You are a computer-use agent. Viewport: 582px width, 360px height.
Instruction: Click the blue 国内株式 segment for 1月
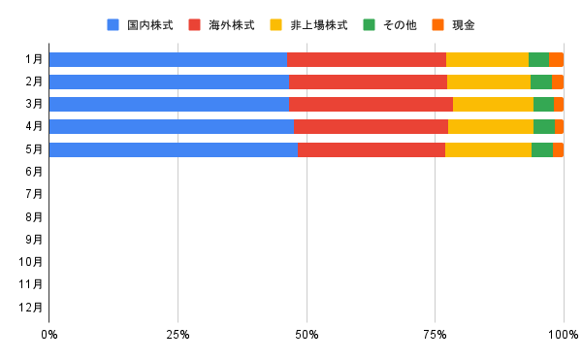[x=168, y=60]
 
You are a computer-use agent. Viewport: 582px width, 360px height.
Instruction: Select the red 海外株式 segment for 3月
[x=371, y=104]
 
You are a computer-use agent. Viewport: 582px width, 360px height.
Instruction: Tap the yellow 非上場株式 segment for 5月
[x=489, y=150]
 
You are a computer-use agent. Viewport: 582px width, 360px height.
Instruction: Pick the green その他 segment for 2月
[x=541, y=82]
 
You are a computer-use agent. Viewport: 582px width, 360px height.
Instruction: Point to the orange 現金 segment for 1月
[x=557, y=60]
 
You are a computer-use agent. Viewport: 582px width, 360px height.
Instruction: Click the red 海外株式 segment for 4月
[x=371, y=126]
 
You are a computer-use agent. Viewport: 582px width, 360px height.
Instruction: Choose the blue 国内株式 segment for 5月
[x=174, y=150]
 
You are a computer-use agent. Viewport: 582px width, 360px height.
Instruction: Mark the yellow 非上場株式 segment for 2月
[x=489, y=82]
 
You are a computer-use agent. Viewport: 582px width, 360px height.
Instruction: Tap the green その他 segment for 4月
[x=544, y=126]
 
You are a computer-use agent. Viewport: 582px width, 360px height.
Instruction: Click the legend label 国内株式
[x=150, y=25]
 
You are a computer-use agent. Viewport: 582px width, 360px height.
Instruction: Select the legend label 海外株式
[x=232, y=25]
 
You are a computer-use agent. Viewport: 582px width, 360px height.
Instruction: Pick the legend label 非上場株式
[x=319, y=25]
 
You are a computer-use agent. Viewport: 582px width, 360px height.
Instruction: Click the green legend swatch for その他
[x=369, y=25]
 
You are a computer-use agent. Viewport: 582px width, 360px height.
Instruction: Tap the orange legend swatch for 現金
[x=438, y=25]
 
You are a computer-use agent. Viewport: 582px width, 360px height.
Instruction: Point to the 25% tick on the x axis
[x=178, y=335]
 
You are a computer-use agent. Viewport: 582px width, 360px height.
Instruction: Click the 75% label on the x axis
[x=435, y=335]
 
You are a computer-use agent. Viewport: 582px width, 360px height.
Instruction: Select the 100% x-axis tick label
[x=564, y=335]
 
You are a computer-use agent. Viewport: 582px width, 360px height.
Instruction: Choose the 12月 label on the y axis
[x=30, y=308]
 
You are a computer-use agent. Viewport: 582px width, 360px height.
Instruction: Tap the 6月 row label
[x=34, y=172]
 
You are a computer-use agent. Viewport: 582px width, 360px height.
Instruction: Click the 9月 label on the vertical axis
[x=34, y=240]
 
